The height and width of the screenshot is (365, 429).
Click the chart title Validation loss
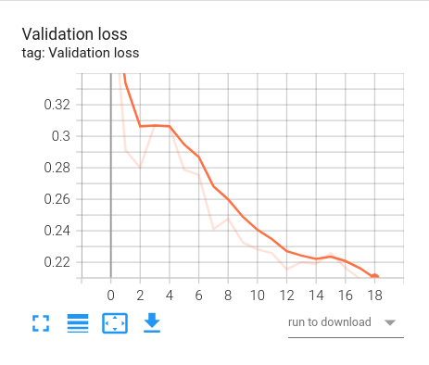(x=82, y=33)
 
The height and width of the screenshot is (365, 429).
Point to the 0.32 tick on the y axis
(x=57, y=105)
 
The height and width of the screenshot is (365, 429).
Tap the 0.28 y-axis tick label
(x=57, y=168)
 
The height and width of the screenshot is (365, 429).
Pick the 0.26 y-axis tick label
(x=57, y=199)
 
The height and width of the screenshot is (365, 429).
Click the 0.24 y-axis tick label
(x=57, y=231)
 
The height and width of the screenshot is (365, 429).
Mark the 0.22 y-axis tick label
(x=57, y=262)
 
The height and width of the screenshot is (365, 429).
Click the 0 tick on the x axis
(x=111, y=295)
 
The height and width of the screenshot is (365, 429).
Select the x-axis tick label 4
(x=170, y=295)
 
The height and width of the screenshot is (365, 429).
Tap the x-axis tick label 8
(x=229, y=295)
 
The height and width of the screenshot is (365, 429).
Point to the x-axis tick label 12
(x=288, y=295)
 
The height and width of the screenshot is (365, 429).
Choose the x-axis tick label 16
(x=347, y=295)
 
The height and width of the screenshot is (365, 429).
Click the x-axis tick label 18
(x=376, y=295)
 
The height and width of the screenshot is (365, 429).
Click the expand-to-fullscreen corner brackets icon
(x=40, y=323)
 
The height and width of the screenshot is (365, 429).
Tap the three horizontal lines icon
(x=77, y=323)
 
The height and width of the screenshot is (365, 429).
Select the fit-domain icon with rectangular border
(x=114, y=323)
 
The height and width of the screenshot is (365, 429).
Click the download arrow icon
(x=152, y=323)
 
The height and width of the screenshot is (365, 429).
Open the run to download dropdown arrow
(x=390, y=323)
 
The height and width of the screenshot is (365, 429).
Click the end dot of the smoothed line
(x=375, y=276)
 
